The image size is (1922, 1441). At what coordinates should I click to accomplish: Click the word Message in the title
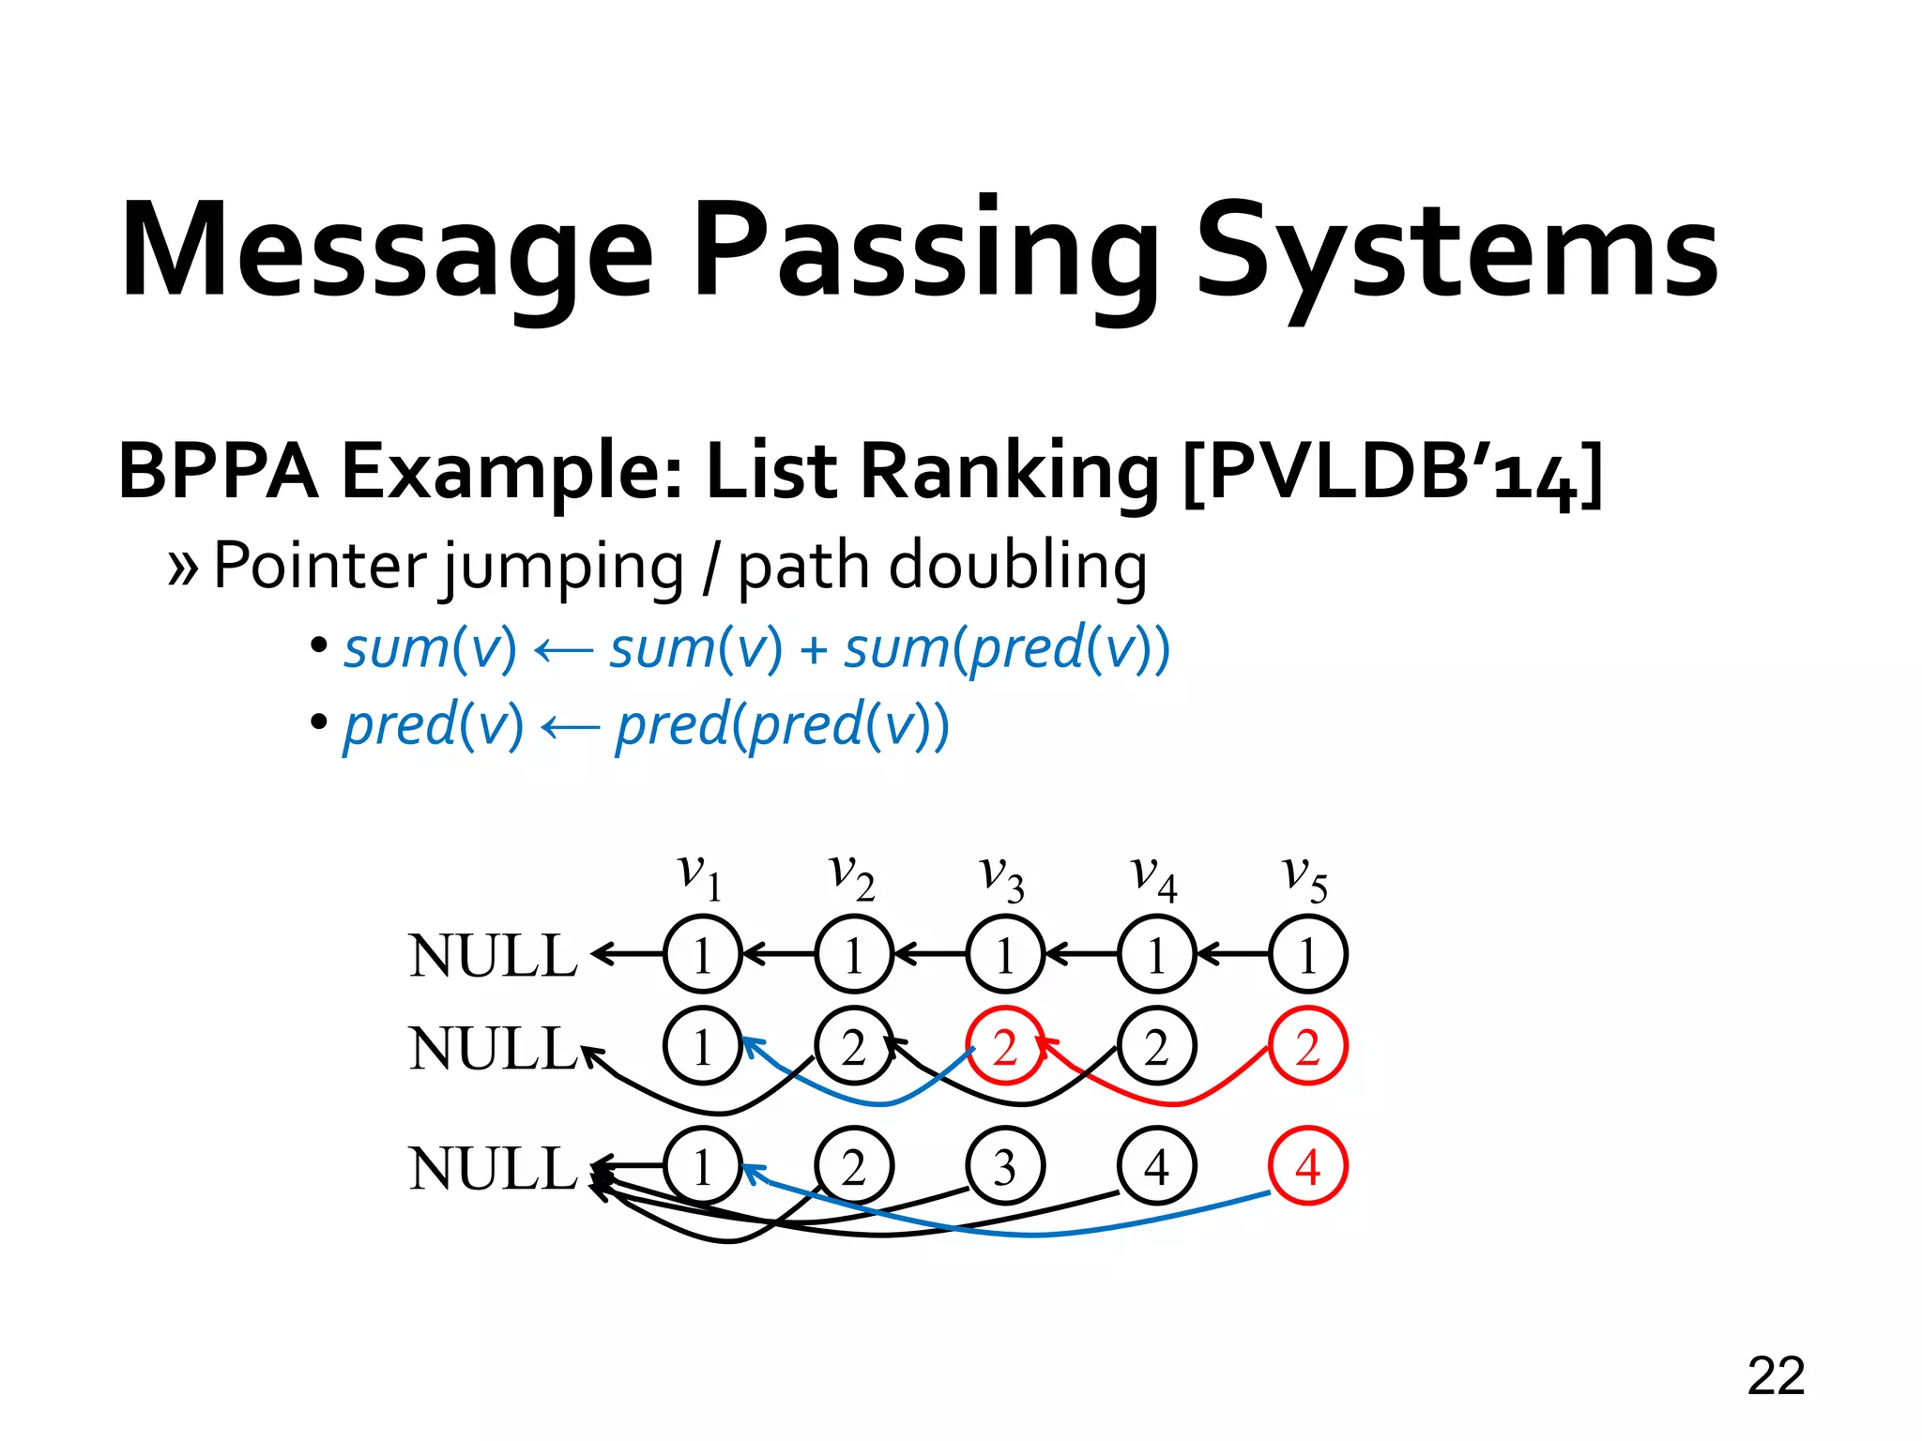[x=387, y=251]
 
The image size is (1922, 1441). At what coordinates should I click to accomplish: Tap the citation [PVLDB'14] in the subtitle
[x=1393, y=471]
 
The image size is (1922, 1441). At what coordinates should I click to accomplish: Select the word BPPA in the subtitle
[x=218, y=471]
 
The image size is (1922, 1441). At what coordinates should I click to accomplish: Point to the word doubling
[x=1017, y=567]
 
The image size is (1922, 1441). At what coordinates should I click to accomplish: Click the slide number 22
[x=1776, y=1376]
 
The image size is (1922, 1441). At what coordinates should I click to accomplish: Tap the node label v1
[x=700, y=878]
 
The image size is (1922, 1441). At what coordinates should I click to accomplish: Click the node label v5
[x=1305, y=878]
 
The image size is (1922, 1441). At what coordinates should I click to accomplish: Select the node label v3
[x=1002, y=878]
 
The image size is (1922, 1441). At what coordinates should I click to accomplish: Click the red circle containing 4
[x=1307, y=1166]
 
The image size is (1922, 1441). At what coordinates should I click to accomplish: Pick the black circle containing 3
[x=1004, y=1166]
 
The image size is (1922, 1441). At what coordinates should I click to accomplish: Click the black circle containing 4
[x=1156, y=1166]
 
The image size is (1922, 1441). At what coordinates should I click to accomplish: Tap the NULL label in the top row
[x=493, y=956]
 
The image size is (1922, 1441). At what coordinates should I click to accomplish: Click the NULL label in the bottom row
[x=493, y=1169]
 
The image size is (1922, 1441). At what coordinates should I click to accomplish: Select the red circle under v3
[x=1004, y=1046]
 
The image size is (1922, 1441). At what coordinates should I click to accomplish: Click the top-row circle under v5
[x=1307, y=955]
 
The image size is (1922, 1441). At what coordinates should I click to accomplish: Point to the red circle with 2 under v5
[x=1307, y=1046]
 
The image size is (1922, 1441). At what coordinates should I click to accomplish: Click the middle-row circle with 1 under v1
[x=702, y=1046]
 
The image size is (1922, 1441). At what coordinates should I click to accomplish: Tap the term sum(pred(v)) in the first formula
[x=1006, y=649]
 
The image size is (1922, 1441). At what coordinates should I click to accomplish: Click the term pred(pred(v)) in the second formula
[x=782, y=726]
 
